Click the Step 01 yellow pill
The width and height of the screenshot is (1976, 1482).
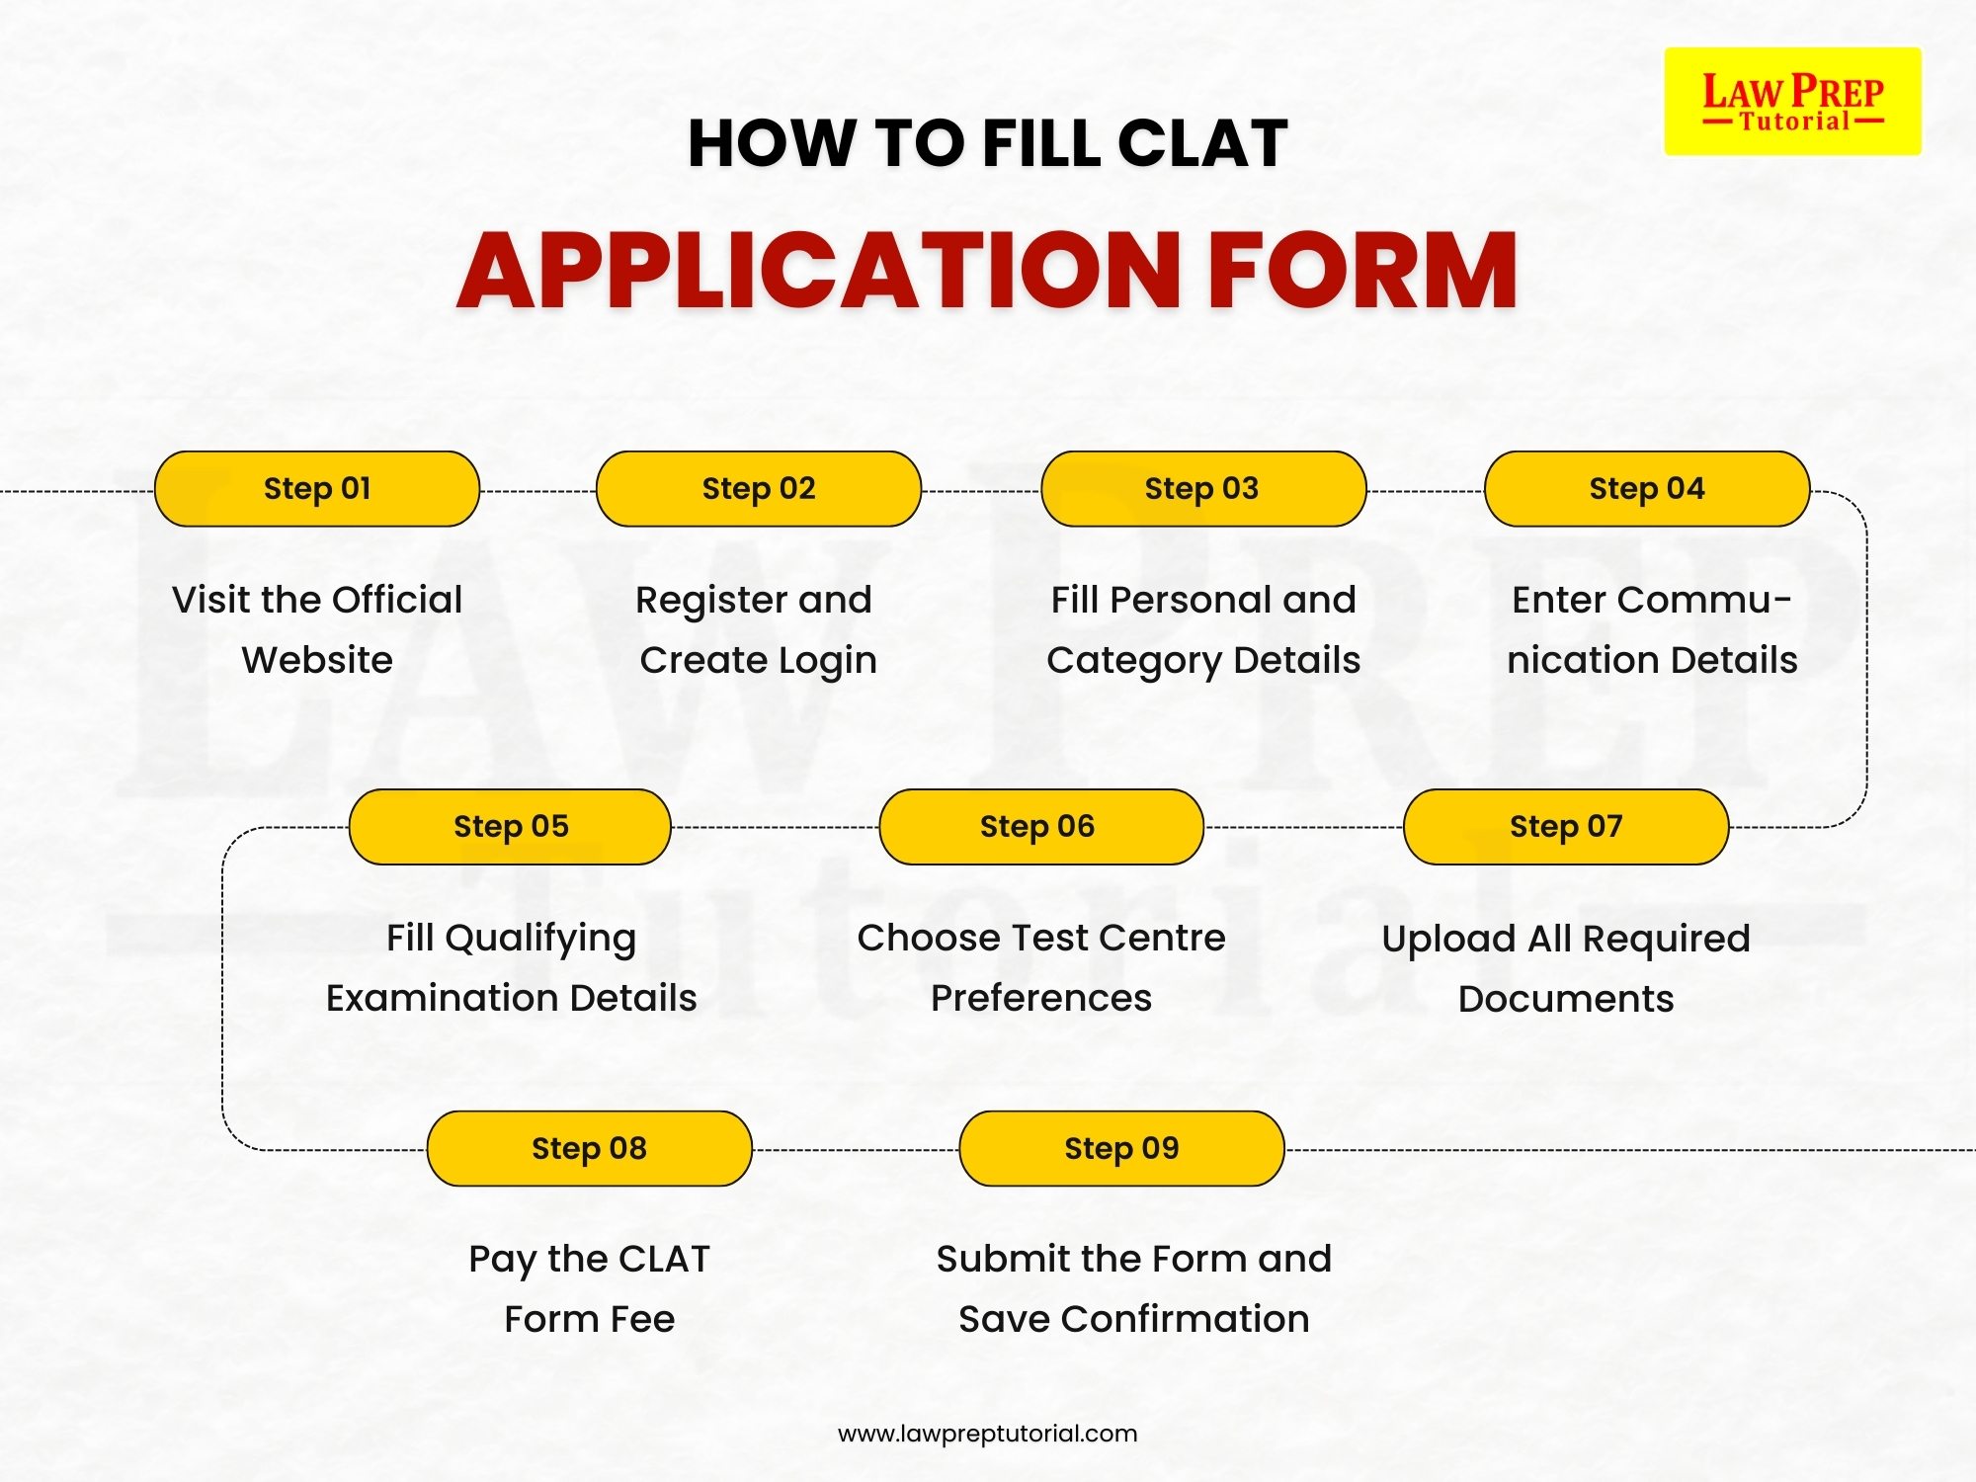tap(317, 489)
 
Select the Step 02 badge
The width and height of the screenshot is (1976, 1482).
tap(759, 489)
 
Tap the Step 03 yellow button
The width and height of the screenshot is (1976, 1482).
tap(1202, 489)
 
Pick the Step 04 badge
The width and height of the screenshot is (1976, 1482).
tap(1647, 489)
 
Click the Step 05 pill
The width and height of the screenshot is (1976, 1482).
tap(511, 827)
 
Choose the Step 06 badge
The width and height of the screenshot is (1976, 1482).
tap(1040, 827)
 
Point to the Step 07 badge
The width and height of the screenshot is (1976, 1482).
tap(1566, 827)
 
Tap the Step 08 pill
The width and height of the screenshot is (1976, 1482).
tap(590, 1149)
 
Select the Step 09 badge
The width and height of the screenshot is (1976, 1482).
tap(1121, 1149)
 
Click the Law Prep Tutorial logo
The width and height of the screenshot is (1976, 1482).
tap(1792, 102)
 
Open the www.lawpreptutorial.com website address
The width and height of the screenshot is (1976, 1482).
tap(987, 1434)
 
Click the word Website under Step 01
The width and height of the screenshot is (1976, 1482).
tap(317, 660)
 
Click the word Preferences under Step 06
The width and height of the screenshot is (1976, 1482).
tap(1040, 999)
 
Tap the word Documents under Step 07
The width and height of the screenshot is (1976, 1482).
tap(1566, 999)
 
